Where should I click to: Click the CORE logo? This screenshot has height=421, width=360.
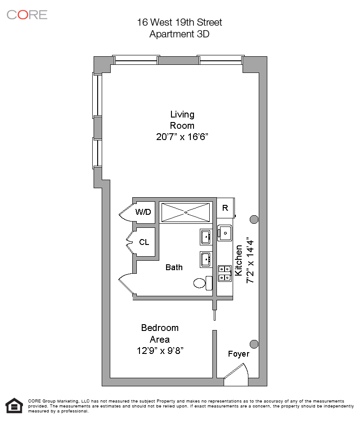pos(27,14)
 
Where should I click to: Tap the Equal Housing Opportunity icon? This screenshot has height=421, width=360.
pos(14,405)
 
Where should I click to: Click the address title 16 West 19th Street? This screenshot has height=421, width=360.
pos(180,23)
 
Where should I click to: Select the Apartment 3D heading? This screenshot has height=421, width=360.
pos(180,34)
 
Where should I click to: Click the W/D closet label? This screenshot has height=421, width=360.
pos(143,212)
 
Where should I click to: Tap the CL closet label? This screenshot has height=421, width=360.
pos(144,242)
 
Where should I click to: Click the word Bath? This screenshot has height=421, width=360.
pos(174,267)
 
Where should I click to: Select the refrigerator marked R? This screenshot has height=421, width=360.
pos(225,208)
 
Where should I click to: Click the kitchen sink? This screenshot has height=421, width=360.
pos(225,233)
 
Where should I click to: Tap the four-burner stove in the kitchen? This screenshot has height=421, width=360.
pos(225,273)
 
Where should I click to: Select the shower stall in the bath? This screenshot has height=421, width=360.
pos(185,212)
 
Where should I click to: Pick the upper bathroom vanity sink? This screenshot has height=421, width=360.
pos(206,236)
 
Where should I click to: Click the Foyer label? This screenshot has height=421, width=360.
pos(238,354)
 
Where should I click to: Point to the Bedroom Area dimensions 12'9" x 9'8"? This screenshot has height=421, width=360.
pos(160,350)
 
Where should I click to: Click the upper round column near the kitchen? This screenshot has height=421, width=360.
pos(254,219)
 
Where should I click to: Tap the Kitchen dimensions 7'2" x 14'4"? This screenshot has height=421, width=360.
pos(250,261)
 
